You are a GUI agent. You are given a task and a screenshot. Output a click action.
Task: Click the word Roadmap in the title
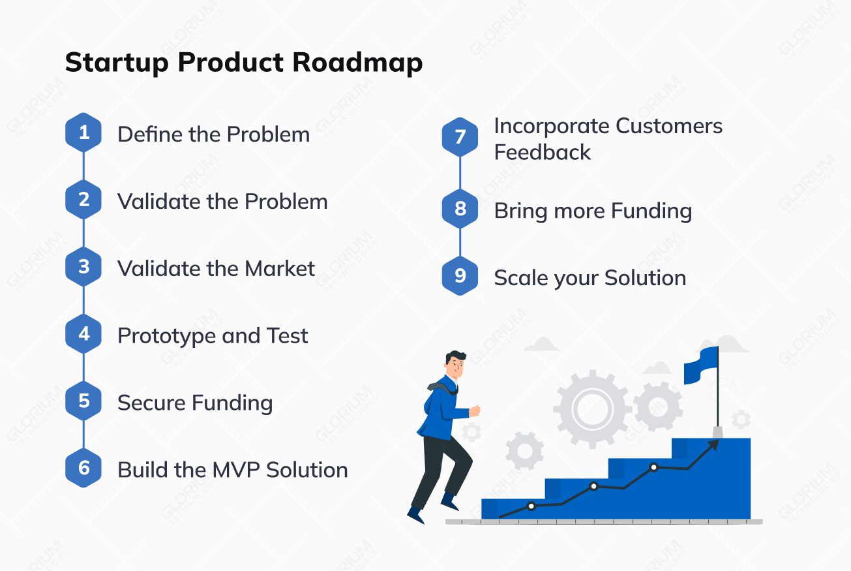[357, 63]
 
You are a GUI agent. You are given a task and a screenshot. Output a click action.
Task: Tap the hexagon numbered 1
[83, 133]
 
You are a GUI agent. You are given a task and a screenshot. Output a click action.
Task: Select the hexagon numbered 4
[83, 334]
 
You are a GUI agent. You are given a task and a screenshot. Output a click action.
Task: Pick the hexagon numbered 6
[83, 468]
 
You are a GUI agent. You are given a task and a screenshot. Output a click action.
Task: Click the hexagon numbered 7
[460, 137]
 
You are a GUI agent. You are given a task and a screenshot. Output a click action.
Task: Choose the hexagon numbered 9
[460, 276]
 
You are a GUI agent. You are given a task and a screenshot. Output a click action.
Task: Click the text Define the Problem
[213, 134]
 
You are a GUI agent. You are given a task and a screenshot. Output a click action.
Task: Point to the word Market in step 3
[280, 269]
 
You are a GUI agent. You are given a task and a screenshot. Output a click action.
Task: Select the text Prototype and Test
[213, 336]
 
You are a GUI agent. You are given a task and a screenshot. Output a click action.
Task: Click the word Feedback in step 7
[542, 152]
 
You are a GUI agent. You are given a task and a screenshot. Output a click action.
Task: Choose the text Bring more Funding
[592, 211]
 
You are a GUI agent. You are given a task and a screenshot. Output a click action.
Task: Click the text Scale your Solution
[590, 278]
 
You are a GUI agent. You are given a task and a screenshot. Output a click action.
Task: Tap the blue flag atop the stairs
[700, 365]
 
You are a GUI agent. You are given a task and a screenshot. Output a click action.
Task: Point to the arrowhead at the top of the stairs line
[714, 444]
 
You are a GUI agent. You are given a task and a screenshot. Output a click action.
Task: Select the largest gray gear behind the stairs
[592, 409]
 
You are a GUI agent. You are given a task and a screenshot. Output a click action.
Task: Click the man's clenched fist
[475, 410]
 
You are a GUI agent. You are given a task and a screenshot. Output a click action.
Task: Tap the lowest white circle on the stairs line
[531, 506]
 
